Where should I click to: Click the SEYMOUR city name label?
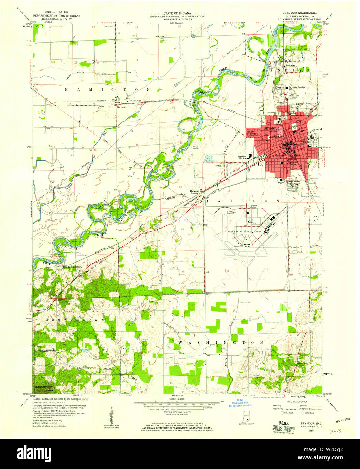(272, 129)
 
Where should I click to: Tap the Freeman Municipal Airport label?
(246, 232)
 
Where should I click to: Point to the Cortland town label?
(121, 107)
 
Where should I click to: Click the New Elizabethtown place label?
(73, 267)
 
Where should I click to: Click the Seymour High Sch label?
(241, 158)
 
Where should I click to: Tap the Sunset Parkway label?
(252, 133)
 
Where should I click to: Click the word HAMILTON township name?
(107, 90)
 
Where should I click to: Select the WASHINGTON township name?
(221, 342)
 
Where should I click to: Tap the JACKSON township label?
(243, 201)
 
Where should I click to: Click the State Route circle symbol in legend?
(303, 413)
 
